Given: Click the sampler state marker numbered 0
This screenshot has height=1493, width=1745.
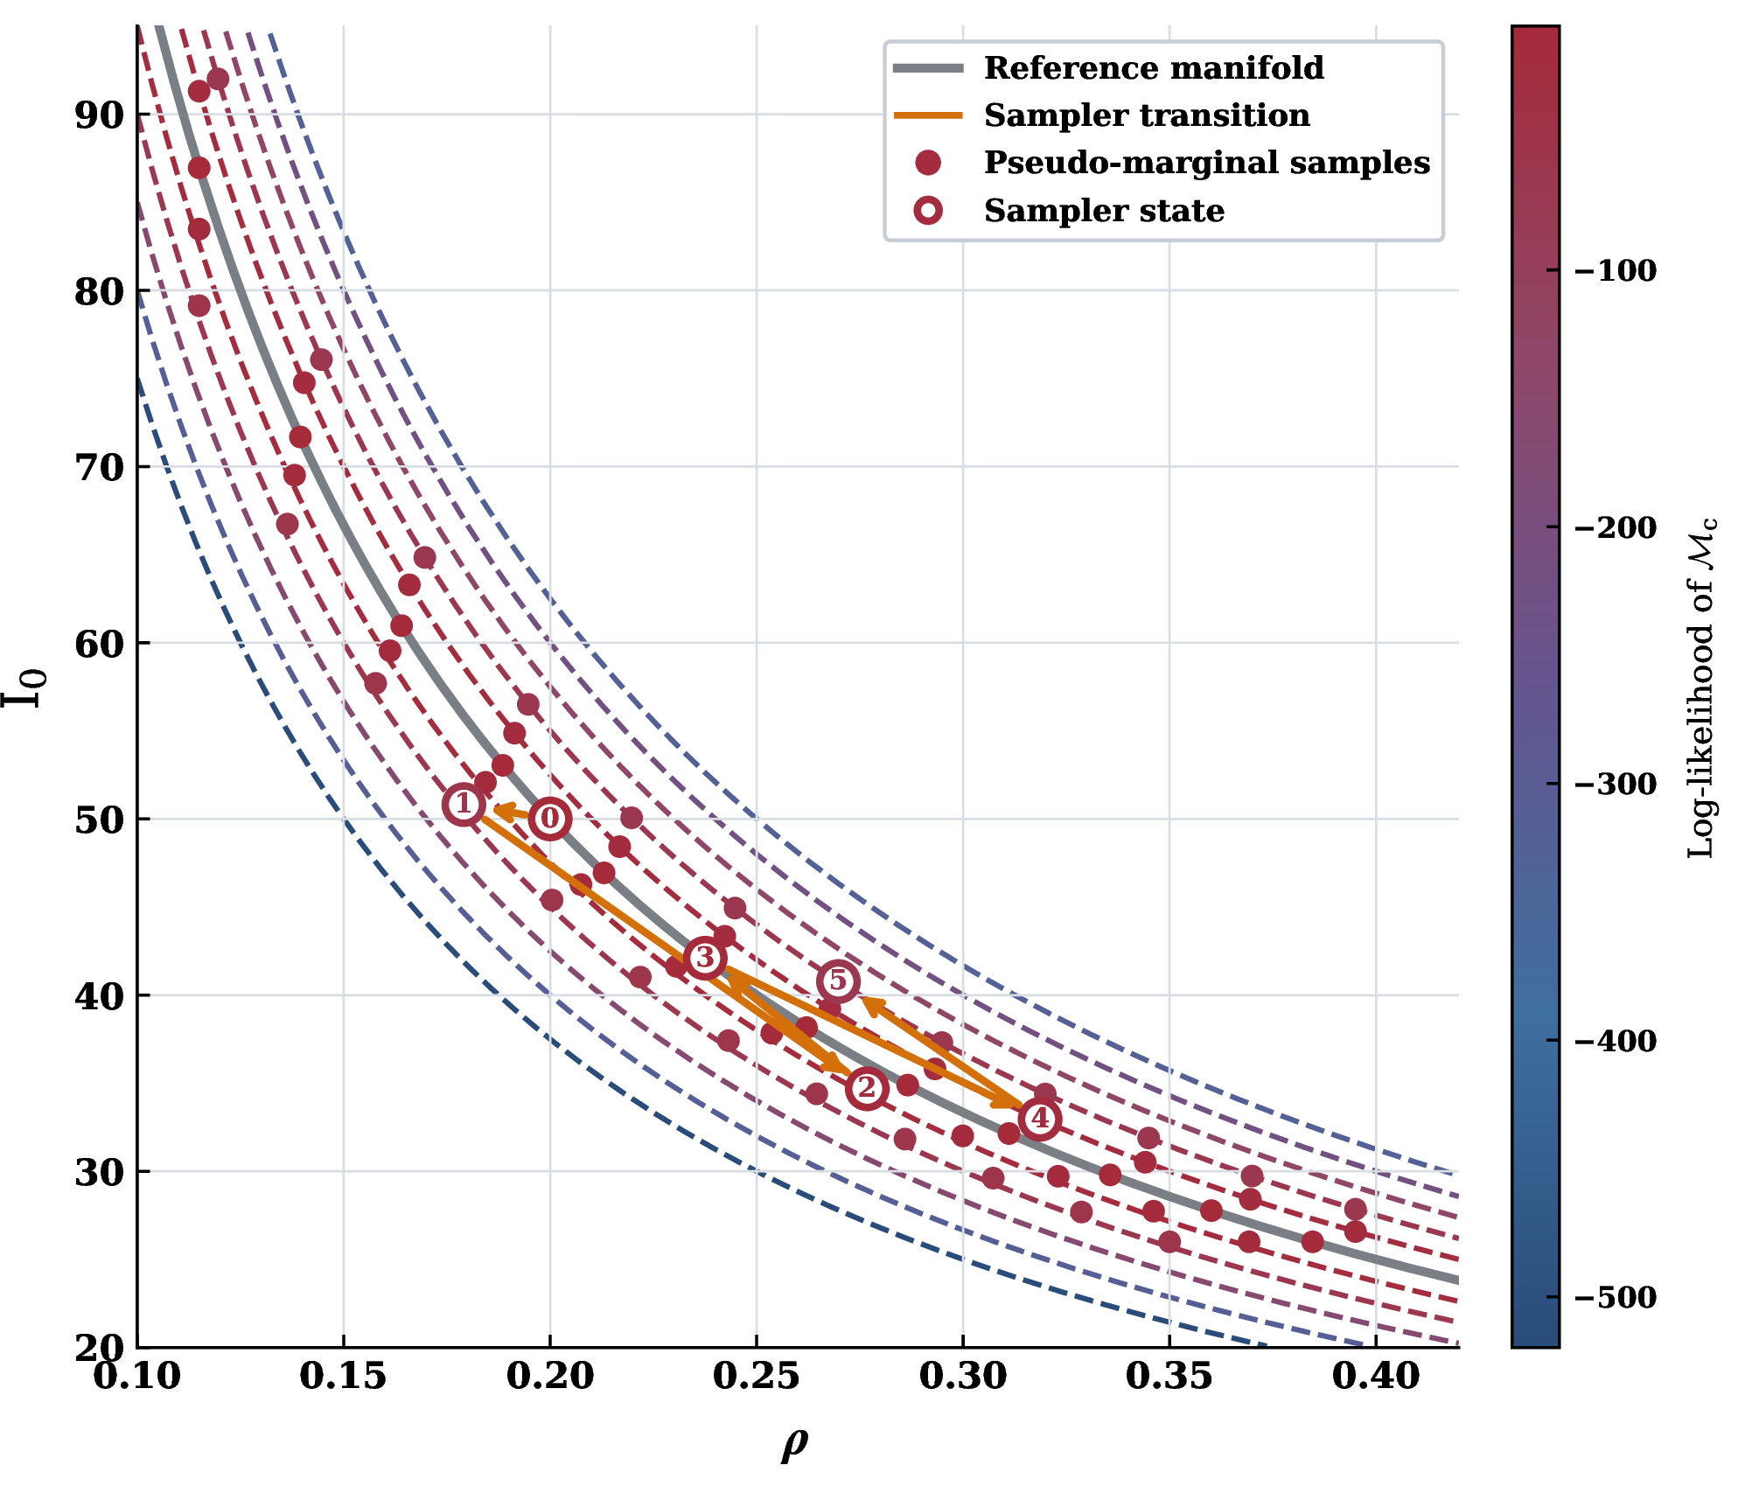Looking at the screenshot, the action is [549, 819].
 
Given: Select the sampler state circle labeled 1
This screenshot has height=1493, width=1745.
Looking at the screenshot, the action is [464, 805].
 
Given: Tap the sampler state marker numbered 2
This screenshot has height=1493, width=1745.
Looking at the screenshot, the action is [866, 1088].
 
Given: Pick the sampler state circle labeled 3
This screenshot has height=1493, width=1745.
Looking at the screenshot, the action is [705, 958].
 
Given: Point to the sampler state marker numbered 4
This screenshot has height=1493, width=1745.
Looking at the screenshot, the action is [1039, 1119].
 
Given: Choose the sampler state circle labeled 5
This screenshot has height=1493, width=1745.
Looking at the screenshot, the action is [838, 981].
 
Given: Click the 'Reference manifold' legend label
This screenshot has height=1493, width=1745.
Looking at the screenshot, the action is [1154, 68].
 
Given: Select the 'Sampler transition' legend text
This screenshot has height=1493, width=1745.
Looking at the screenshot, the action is [1147, 115].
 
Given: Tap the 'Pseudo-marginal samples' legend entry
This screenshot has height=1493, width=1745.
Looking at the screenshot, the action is [1207, 163].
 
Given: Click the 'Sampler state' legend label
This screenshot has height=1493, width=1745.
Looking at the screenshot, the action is [1104, 211].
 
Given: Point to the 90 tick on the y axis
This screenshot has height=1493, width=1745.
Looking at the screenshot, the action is [100, 115].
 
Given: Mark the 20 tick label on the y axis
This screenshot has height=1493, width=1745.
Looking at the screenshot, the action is [100, 1348].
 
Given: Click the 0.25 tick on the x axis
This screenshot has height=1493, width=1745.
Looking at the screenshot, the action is [756, 1377].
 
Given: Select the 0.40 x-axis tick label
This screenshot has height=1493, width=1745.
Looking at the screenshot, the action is [1376, 1377].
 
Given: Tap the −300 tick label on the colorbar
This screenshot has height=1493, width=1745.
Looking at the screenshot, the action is [1616, 784].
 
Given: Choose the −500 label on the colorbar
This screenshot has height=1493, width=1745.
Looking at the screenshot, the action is [1616, 1297].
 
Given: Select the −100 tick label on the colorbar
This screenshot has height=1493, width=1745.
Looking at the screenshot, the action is [1616, 270].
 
